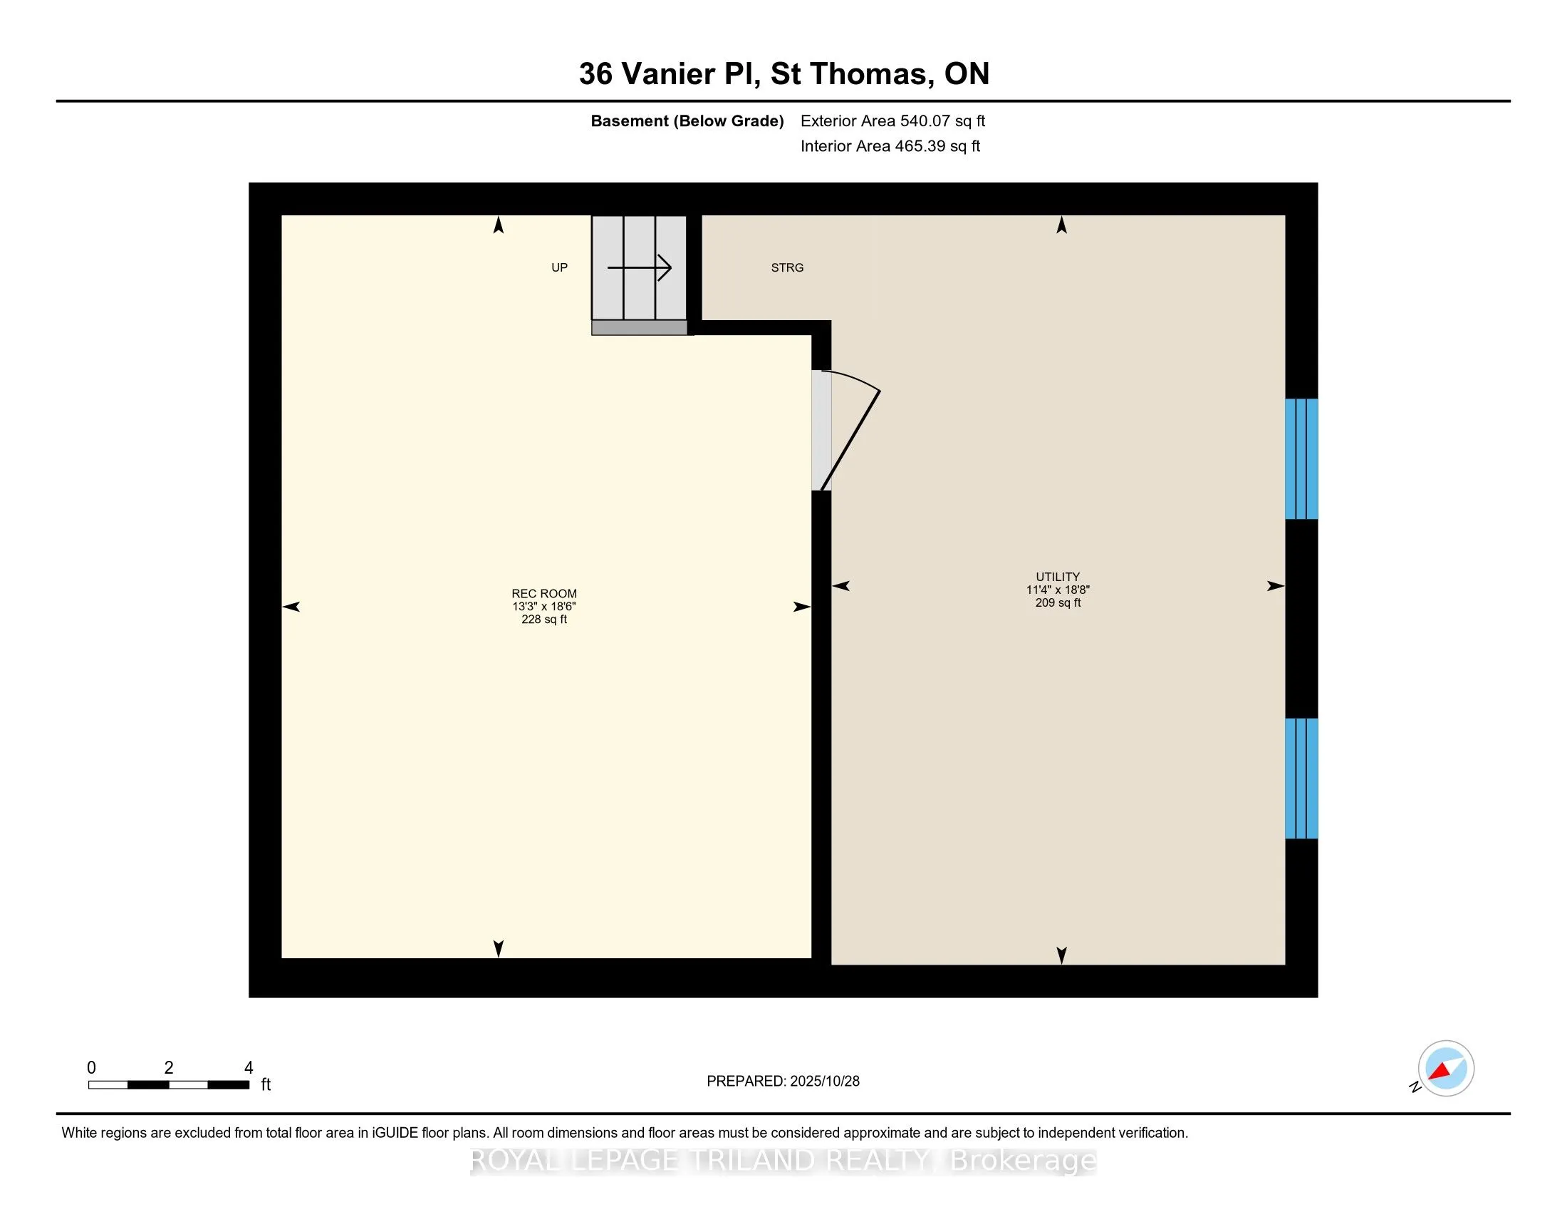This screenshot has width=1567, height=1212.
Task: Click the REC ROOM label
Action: (544, 593)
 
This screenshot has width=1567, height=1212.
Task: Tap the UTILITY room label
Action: (1057, 577)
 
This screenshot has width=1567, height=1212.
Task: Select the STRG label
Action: (786, 268)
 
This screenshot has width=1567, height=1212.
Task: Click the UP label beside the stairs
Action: (559, 268)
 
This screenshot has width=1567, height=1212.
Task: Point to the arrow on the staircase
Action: (640, 268)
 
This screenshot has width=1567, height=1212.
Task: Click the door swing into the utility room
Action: (850, 431)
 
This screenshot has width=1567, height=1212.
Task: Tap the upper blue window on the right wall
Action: (1301, 459)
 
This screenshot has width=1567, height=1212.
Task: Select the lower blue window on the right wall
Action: (1301, 779)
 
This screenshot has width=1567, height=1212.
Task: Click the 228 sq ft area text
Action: (544, 620)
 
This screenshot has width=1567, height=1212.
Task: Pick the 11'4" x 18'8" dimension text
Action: (1057, 590)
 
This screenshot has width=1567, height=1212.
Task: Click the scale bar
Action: (169, 1085)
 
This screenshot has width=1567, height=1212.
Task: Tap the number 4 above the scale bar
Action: (249, 1068)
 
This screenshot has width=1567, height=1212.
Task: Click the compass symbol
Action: (1445, 1069)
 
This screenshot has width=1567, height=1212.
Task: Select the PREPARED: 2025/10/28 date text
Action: (783, 1082)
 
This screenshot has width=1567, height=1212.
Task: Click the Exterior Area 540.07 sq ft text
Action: (892, 121)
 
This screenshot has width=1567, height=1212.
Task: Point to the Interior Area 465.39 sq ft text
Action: (890, 146)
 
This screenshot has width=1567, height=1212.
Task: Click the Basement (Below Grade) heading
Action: (687, 121)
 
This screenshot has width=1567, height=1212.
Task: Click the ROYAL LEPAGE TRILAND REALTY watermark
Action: (783, 1161)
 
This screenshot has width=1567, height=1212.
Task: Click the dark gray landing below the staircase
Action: (640, 328)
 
